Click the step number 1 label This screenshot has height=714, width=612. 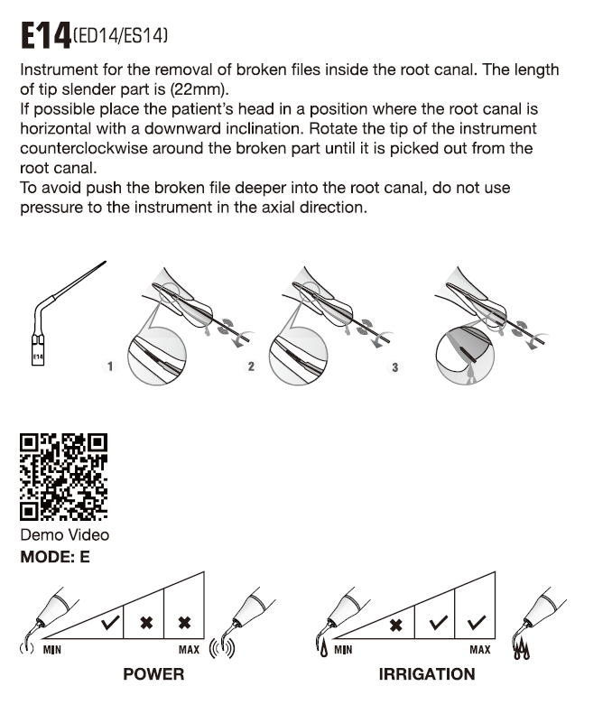tap(109, 367)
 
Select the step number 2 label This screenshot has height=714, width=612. tap(250, 367)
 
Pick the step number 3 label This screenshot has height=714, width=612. tap(394, 367)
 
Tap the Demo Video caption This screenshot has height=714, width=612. tap(63, 536)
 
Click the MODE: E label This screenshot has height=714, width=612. tap(55, 557)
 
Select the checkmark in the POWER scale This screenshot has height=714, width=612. tap(110, 622)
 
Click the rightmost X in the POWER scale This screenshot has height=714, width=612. tap(184, 622)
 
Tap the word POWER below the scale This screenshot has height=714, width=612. tap(153, 674)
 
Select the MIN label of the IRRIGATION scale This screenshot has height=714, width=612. tap(343, 649)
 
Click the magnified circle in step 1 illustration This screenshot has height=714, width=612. tap(154, 357)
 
